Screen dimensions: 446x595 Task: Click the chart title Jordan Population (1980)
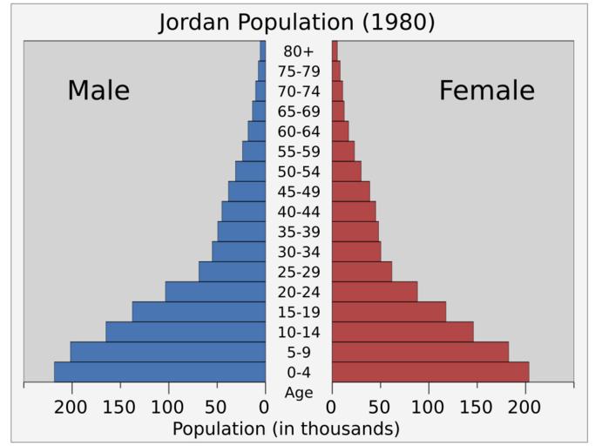[x=296, y=22]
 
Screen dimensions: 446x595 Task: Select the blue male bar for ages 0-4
[x=159, y=372]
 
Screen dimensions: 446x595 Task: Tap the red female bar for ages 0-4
[x=430, y=372]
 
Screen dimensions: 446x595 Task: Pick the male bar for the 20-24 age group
[x=215, y=292]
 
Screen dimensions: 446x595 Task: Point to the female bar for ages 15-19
[x=389, y=312]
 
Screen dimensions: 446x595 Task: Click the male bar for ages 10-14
[x=186, y=332]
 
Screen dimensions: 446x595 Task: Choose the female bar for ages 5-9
[x=420, y=352]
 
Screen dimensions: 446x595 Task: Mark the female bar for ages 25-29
[x=362, y=272]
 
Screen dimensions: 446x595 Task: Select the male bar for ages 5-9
[x=168, y=352]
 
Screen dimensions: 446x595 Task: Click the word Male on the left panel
[x=98, y=91]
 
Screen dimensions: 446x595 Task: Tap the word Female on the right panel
[x=486, y=91]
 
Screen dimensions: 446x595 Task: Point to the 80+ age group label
[x=299, y=51]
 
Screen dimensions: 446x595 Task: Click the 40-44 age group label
[x=299, y=212]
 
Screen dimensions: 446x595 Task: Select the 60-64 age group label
[x=299, y=132]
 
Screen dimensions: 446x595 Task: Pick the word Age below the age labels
[x=299, y=393]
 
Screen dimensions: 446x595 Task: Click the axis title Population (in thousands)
[x=286, y=429]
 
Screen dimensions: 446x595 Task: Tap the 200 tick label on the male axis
[x=71, y=407]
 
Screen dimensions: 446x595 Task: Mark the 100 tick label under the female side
[x=429, y=407]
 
